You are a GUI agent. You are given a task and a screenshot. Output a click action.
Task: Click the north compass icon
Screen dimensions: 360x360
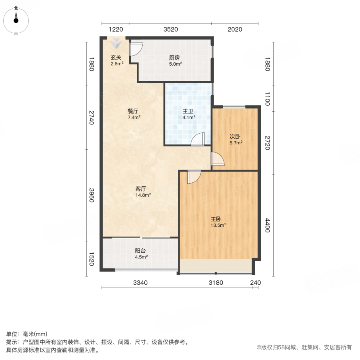coord(16,19)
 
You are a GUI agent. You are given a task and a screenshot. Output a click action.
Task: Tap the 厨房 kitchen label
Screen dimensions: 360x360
coord(174,57)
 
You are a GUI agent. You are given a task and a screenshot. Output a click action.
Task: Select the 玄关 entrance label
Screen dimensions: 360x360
coord(116,57)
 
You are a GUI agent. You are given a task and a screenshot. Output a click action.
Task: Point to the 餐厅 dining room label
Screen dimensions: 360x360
coord(133,111)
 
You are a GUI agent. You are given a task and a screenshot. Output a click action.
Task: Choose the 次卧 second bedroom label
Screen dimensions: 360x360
coord(235,136)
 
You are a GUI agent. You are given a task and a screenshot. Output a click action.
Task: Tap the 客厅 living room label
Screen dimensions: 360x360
coord(141,188)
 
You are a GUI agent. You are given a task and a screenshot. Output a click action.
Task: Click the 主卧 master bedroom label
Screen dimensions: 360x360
coord(216,219)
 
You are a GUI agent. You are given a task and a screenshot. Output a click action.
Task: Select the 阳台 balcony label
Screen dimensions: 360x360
coord(140,251)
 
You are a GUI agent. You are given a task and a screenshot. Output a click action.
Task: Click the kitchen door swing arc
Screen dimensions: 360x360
coord(136,49)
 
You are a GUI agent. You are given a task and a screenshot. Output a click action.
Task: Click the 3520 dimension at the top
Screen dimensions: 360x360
coord(170,29)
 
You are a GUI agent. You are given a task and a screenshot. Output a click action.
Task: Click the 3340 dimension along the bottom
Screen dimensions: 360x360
coord(140,283)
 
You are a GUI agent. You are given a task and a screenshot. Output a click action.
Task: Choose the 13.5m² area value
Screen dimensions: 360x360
coord(218,225)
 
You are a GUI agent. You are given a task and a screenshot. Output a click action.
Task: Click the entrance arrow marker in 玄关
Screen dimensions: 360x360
coord(116,42)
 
